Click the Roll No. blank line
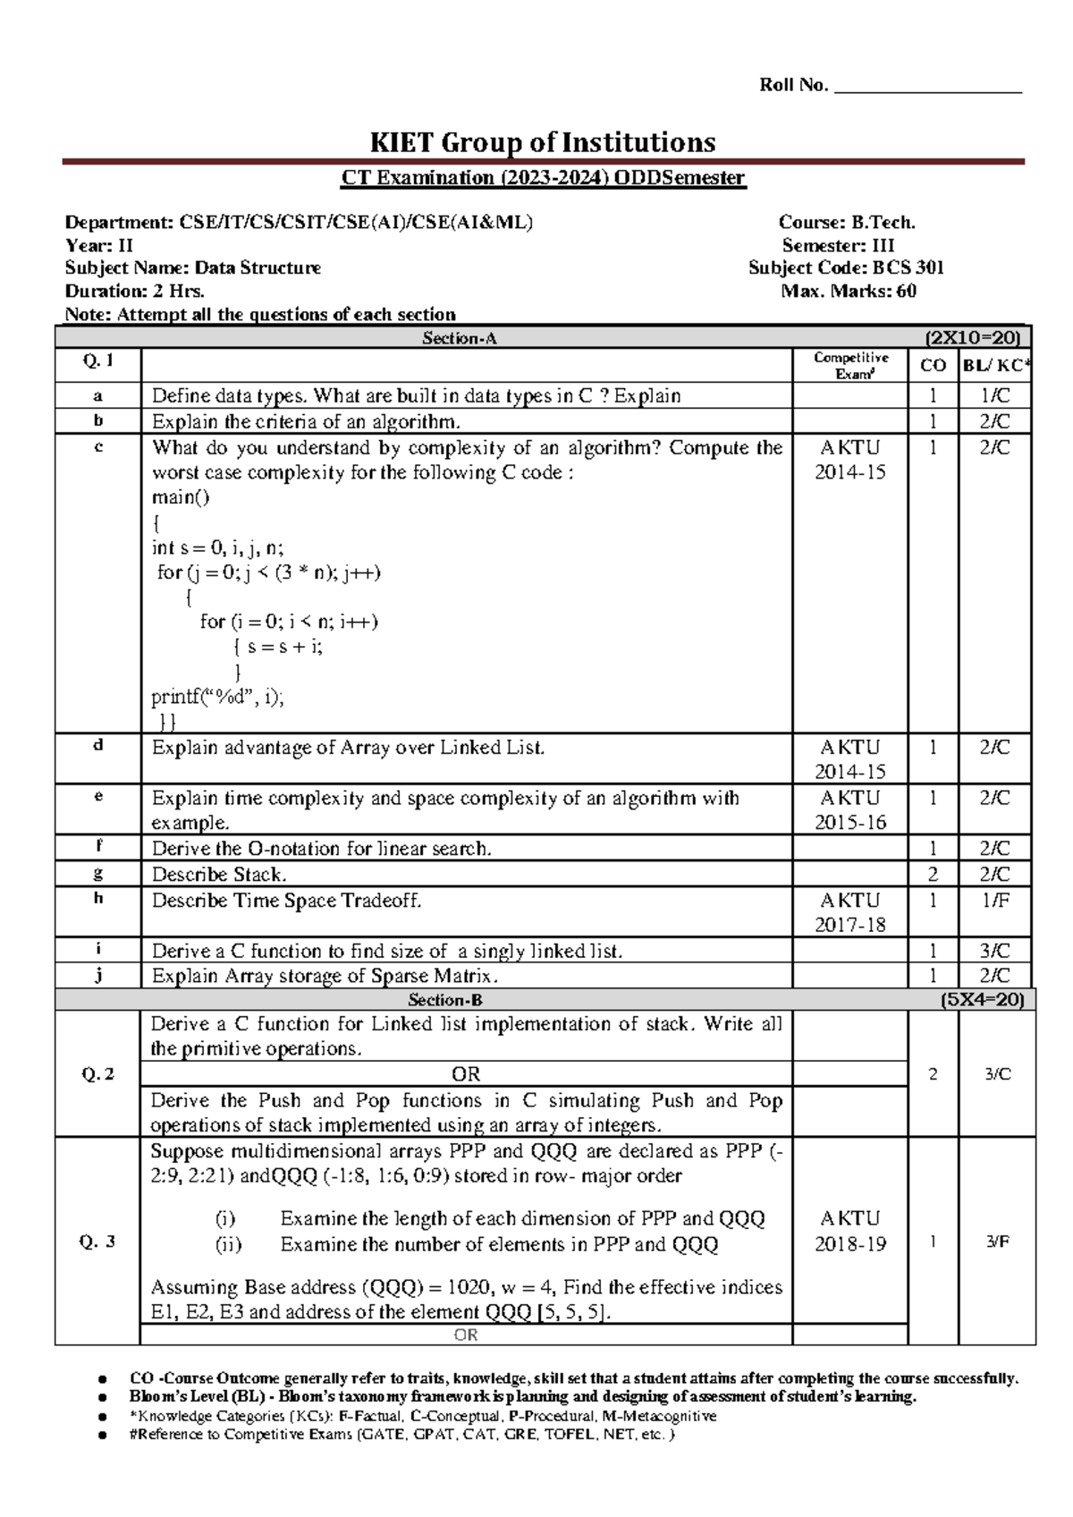(926, 89)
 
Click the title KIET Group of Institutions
(543, 142)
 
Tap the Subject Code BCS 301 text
(846, 267)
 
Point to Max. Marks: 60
(849, 291)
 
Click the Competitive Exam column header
(850, 365)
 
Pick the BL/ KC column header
(996, 365)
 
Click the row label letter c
(98, 446)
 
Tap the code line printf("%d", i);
(217, 697)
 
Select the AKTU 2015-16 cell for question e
(850, 809)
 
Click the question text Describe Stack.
(219, 874)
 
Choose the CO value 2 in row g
(933, 874)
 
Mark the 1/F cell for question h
(995, 901)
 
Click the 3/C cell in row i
(995, 951)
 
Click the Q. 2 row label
(97, 1074)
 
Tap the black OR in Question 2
(466, 1073)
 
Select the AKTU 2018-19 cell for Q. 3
(850, 1231)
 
